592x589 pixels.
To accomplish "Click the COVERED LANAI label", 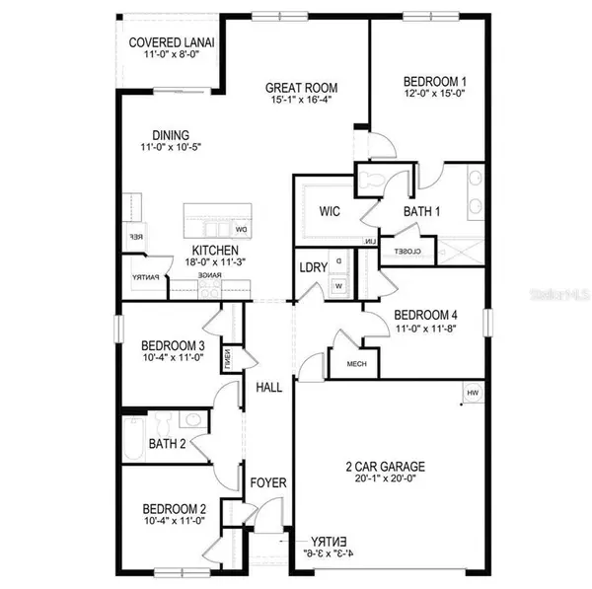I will tap(173, 43).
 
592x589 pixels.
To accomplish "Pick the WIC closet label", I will tap(329, 211).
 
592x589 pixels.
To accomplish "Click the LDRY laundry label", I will tap(313, 267).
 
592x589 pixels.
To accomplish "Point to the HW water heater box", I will tap(472, 394).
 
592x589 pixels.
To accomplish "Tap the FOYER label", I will tap(267, 482).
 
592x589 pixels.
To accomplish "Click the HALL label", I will tap(267, 388).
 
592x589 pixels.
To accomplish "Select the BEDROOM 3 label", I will tap(173, 345).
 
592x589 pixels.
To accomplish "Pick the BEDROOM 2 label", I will tap(173, 508).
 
